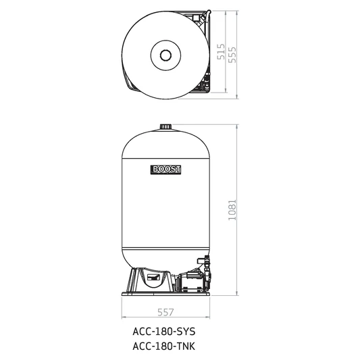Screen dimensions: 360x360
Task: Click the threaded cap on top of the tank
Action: [x=165, y=127]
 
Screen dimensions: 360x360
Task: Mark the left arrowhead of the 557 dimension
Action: [x=123, y=318]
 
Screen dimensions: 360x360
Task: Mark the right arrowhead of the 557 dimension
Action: [x=207, y=318]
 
